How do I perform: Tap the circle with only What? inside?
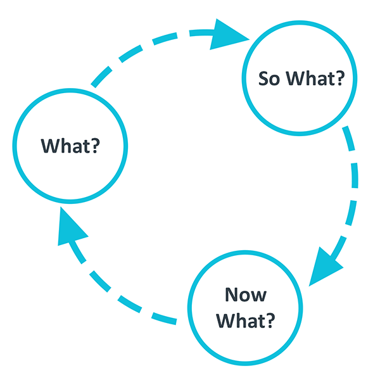pyautogui.click(x=70, y=146)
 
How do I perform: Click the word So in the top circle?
pyautogui.click(x=269, y=79)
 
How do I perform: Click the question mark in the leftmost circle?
pyautogui.click(x=95, y=146)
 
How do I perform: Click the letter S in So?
pyautogui.click(x=263, y=79)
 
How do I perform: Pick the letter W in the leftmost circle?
pyautogui.click(x=51, y=146)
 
